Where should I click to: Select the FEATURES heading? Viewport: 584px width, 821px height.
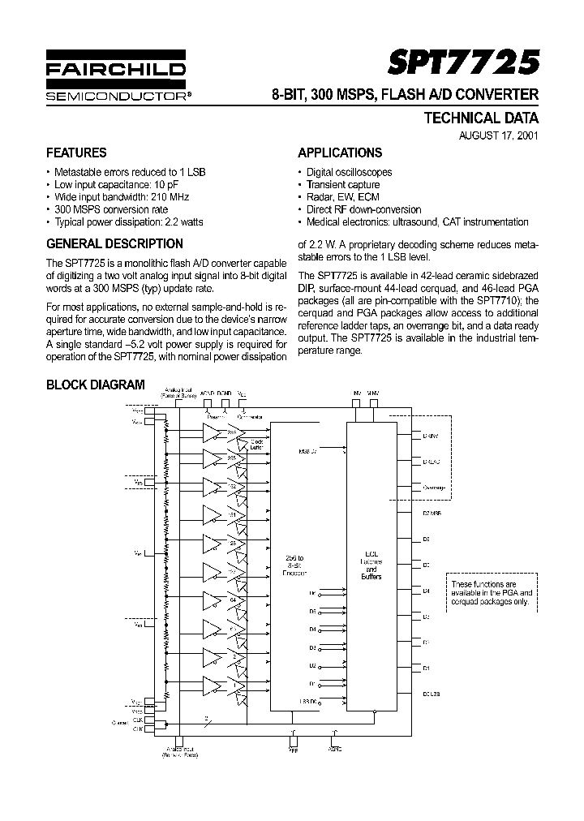[76, 153]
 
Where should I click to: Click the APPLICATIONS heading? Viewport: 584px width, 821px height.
[340, 153]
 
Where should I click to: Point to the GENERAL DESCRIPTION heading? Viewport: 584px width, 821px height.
[114, 243]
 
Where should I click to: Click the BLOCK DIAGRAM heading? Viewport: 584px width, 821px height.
[96, 385]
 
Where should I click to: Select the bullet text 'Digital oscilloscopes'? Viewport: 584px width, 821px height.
[349, 172]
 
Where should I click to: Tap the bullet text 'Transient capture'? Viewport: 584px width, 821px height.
[343, 185]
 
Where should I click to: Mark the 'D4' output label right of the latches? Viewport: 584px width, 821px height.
[426, 591]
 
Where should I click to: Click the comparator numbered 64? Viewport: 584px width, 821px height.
[232, 599]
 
